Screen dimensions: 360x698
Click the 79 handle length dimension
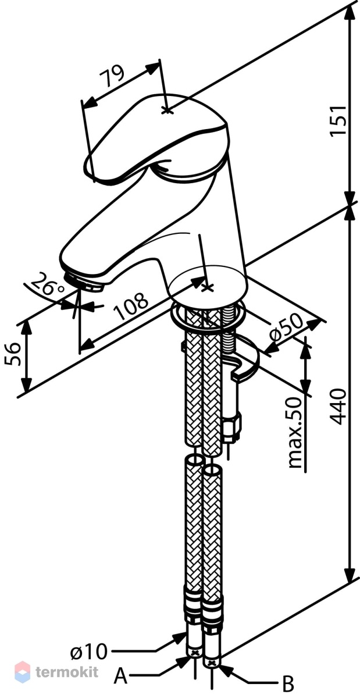(x=112, y=76)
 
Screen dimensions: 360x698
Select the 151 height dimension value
(x=338, y=120)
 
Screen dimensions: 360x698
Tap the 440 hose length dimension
(x=338, y=407)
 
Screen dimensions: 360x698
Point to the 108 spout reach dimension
(x=131, y=306)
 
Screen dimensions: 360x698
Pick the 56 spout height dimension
(x=13, y=354)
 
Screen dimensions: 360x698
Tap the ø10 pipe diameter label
(x=89, y=651)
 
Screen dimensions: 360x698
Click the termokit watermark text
(x=67, y=671)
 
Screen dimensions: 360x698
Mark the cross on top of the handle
(x=167, y=111)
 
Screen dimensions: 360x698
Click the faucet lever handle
(x=156, y=137)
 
